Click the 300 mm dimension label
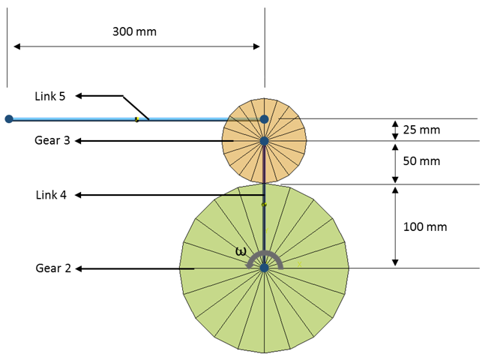point(135,31)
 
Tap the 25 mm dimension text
point(421,130)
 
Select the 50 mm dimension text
point(421,161)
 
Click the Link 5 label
point(50,96)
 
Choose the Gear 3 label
point(52,140)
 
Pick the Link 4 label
point(51,195)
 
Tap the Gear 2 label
point(53,268)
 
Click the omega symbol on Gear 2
point(241,252)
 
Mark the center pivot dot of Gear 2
point(264,268)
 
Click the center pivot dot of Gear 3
point(264,140)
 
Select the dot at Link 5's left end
point(8,118)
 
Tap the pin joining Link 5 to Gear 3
point(264,118)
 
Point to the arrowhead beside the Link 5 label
point(79,96)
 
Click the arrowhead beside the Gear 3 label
point(79,140)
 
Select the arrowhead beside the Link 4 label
point(79,195)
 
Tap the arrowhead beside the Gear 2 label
point(79,268)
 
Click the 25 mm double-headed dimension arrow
point(395,130)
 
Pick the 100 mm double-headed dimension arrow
point(395,226)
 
